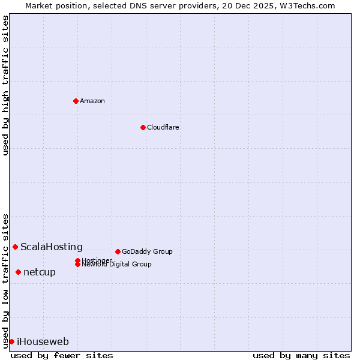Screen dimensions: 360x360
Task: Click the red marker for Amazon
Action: [76, 101]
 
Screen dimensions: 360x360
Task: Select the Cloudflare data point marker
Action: [143, 127]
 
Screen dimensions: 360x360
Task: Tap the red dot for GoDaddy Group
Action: [118, 251]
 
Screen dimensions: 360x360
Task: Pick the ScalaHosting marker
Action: [15, 247]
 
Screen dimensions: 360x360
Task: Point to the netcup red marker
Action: [18, 272]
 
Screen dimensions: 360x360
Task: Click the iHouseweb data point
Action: [11, 341]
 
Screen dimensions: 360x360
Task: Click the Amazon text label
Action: [92, 101]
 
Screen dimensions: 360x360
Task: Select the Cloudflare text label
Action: [163, 127]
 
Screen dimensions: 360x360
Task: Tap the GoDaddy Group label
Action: [147, 251]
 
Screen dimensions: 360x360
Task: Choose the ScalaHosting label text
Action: [52, 247]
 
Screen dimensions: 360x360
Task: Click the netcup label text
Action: [40, 272]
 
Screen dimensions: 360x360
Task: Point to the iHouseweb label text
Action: [43, 341]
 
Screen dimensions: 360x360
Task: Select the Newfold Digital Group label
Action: [117, 265]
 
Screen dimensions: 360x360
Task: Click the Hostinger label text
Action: [97, 260]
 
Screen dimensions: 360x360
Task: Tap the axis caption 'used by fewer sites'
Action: [62, 356]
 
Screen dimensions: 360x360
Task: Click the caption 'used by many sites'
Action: [301, 356]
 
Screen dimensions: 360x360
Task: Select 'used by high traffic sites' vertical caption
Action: [5, 85]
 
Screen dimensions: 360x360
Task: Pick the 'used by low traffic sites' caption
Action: [5, 281]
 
